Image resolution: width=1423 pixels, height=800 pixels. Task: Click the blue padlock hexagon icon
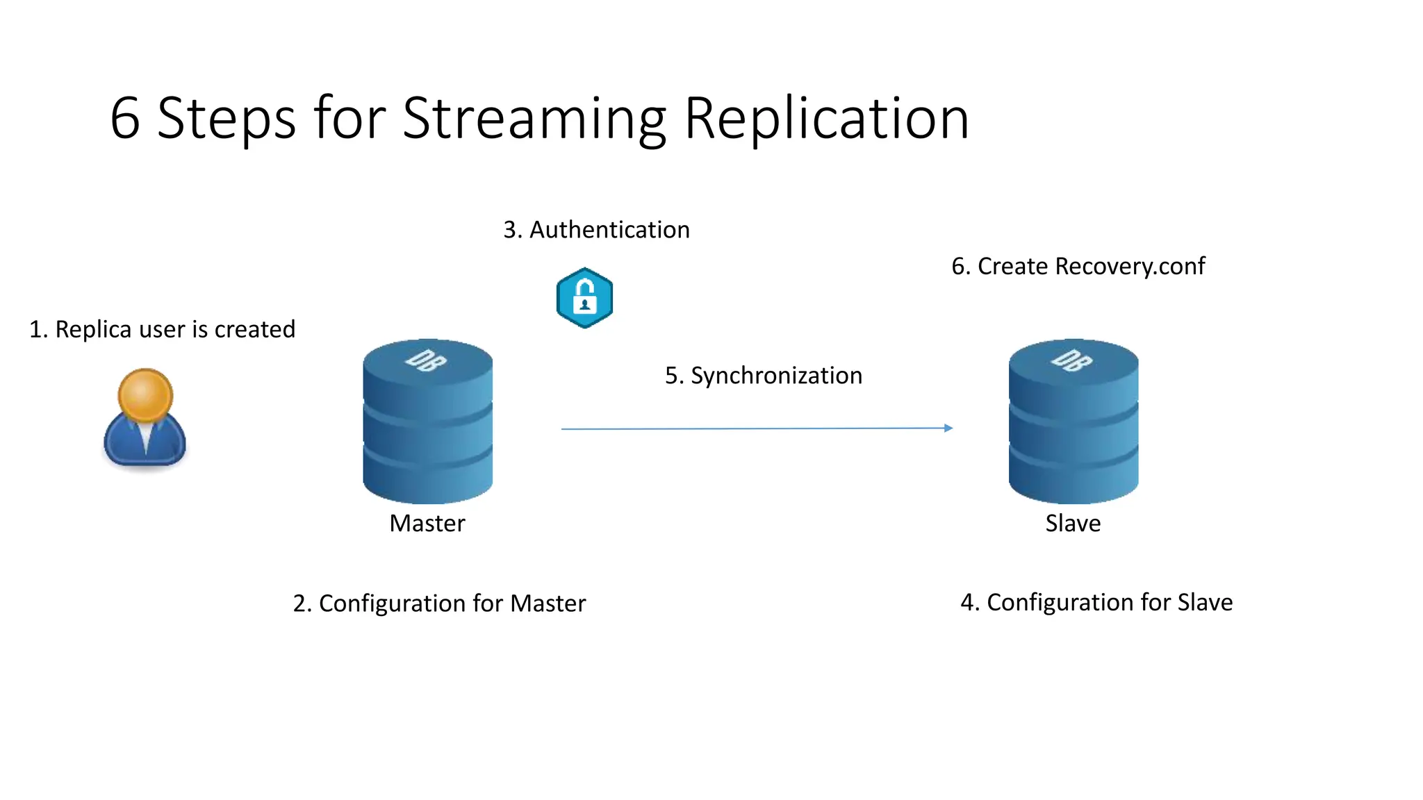click(x=584, y=298)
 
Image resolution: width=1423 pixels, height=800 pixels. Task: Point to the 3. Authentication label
click(x=596, y=230)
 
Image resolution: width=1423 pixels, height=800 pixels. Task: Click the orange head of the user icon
click(x=145, y=394)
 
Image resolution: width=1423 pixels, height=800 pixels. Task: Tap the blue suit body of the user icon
click(x=145, y=443)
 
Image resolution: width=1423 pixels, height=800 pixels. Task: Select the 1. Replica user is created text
click(x=162, y=329)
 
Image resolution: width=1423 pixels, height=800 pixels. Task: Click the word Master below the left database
click(x=427, y=524)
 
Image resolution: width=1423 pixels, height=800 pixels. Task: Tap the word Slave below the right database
click(x=1073, y=524)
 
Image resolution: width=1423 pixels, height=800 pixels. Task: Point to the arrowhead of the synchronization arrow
click(x=948, y=428)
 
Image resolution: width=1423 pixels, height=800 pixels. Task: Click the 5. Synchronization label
click(x=764, y=376)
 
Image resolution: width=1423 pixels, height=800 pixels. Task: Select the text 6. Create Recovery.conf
click(x=1078, y=267)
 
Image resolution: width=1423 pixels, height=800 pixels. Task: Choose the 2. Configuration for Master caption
click(x=439, y=603)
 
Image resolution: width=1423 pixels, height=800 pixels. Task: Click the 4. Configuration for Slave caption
click(x=1096, y=602)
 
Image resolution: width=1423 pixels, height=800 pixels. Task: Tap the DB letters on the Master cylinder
click(x=426, y=360)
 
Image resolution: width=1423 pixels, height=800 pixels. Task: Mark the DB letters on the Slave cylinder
click(x=1072, y=360)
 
